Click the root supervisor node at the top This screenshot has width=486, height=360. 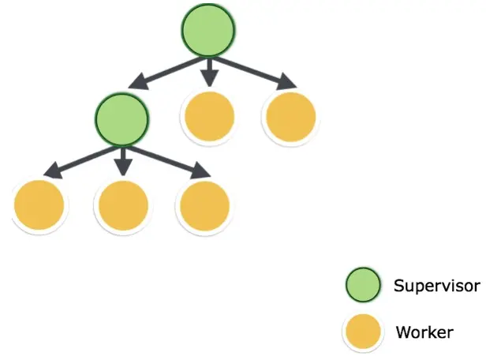pos(208,31)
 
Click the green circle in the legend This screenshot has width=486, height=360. pos(364,286)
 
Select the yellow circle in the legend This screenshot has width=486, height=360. pos(364,332)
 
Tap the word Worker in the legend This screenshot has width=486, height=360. pos(425,332)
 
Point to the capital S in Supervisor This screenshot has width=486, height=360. pos(398,285)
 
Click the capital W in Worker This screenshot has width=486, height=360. pos(403,332)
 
